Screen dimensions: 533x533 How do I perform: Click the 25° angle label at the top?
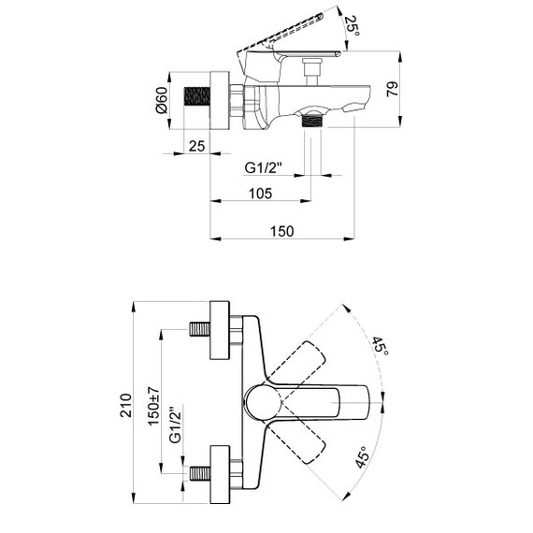click(x=352, y=26)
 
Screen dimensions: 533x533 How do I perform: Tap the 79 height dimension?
click(x=393, y=89)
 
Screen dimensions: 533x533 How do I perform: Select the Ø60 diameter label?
click(x=162, y=100)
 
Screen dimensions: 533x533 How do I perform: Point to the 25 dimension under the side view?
click(x=196, y=146)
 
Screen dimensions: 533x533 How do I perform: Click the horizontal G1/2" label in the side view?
click(x=264, y=167)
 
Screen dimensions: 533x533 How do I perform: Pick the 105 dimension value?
click(x=261, y=194)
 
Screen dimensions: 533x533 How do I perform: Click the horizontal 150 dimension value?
click(x=281, y=231)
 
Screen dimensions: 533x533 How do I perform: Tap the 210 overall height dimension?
click(x=126, y=405)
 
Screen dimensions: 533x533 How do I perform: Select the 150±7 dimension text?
click(x=153, y=406)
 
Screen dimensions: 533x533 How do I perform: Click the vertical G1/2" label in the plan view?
click(x=176, y=425)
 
